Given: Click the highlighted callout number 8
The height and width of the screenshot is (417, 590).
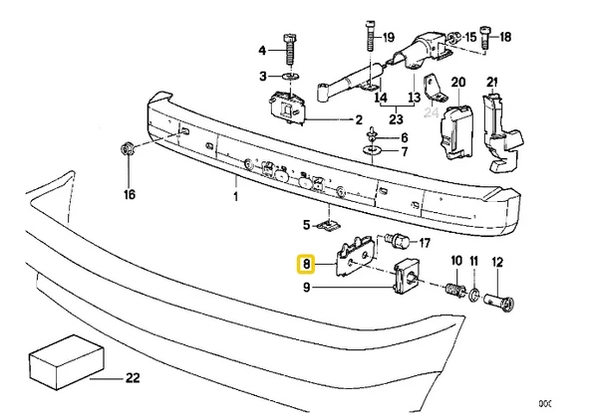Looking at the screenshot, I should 306,265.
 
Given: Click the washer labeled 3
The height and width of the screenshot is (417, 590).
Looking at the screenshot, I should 290,77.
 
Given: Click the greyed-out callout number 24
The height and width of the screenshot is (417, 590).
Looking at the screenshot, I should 431,112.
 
